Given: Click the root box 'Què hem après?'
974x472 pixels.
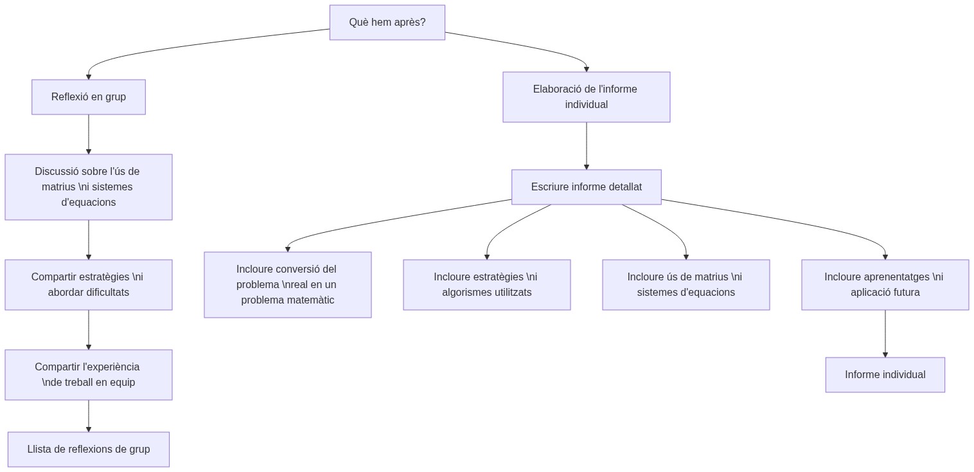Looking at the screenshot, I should click(387, 23).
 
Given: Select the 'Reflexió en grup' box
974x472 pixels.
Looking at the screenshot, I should click(89, 97).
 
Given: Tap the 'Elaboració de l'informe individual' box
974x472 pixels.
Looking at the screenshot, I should click(586, 97).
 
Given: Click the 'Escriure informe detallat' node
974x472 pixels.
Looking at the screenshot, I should click(586, 187).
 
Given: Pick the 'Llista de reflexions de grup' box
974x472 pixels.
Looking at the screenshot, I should click(89, 449).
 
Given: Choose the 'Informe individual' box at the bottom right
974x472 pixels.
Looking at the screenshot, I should click(885, 375).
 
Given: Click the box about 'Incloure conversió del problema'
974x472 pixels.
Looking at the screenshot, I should click(287, 285).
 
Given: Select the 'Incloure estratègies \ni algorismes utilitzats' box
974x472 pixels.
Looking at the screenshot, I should click(486, 285).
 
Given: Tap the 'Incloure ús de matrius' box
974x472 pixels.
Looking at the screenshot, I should click(686, 285).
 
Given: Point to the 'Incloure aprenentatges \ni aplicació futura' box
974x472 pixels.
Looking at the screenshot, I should click(885, 285).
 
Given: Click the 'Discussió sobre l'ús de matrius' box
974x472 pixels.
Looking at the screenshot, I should click(89, 187).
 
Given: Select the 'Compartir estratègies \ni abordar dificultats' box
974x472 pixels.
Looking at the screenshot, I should click(89, 285).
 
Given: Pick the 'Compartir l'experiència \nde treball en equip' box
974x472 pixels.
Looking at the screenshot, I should click(89, 375).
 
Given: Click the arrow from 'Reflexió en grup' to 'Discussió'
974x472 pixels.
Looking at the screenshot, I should click(89, 135).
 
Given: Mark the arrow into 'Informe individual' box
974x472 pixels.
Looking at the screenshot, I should click(885, 334).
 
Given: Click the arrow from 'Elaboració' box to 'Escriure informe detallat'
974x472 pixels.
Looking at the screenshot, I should click(586, 147).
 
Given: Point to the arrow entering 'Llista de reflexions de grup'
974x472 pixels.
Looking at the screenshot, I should click(89, 417).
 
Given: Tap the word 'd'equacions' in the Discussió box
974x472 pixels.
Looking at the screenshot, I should click(89, 203).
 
